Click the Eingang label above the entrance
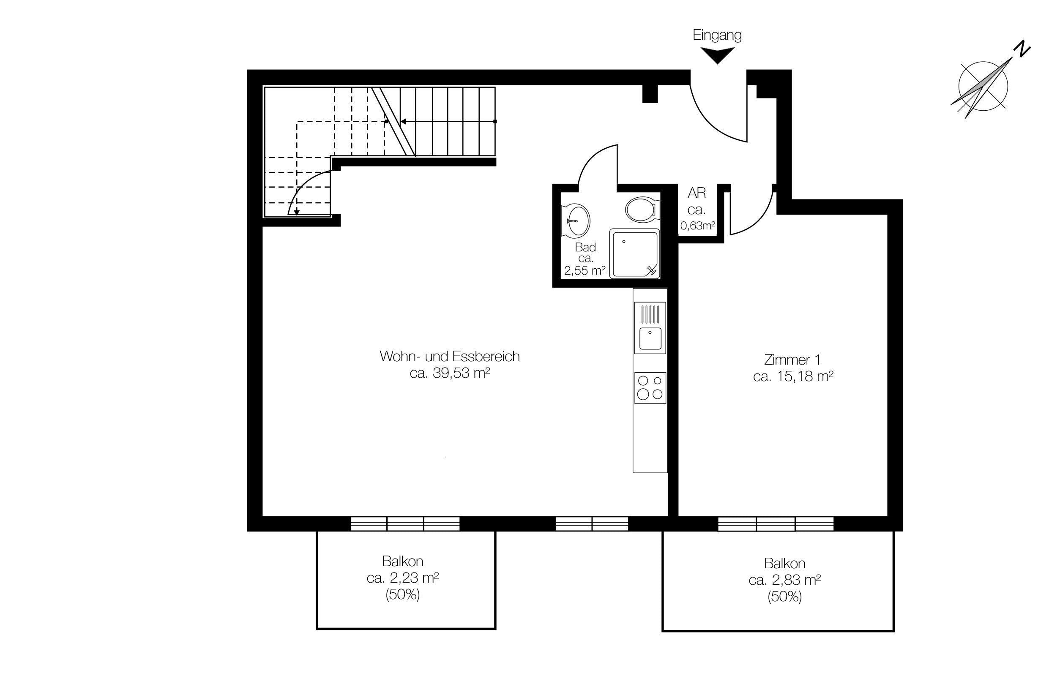[x=717, y=35]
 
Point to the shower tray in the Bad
[x=635, y=254]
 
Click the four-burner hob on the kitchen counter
[x=650, y=388]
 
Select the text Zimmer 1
[x=792, y=360]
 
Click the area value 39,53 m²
[x=462, y=373]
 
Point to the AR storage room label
[x=697, y=193]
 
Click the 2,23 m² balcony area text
[x=413, y=578]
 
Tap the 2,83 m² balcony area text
[x=795, y=581]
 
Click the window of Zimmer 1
[x=776, y=524]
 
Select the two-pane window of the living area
[x=592, y=523]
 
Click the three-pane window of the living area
[x=405, y=523]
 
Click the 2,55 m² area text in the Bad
[x=585, y=270]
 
